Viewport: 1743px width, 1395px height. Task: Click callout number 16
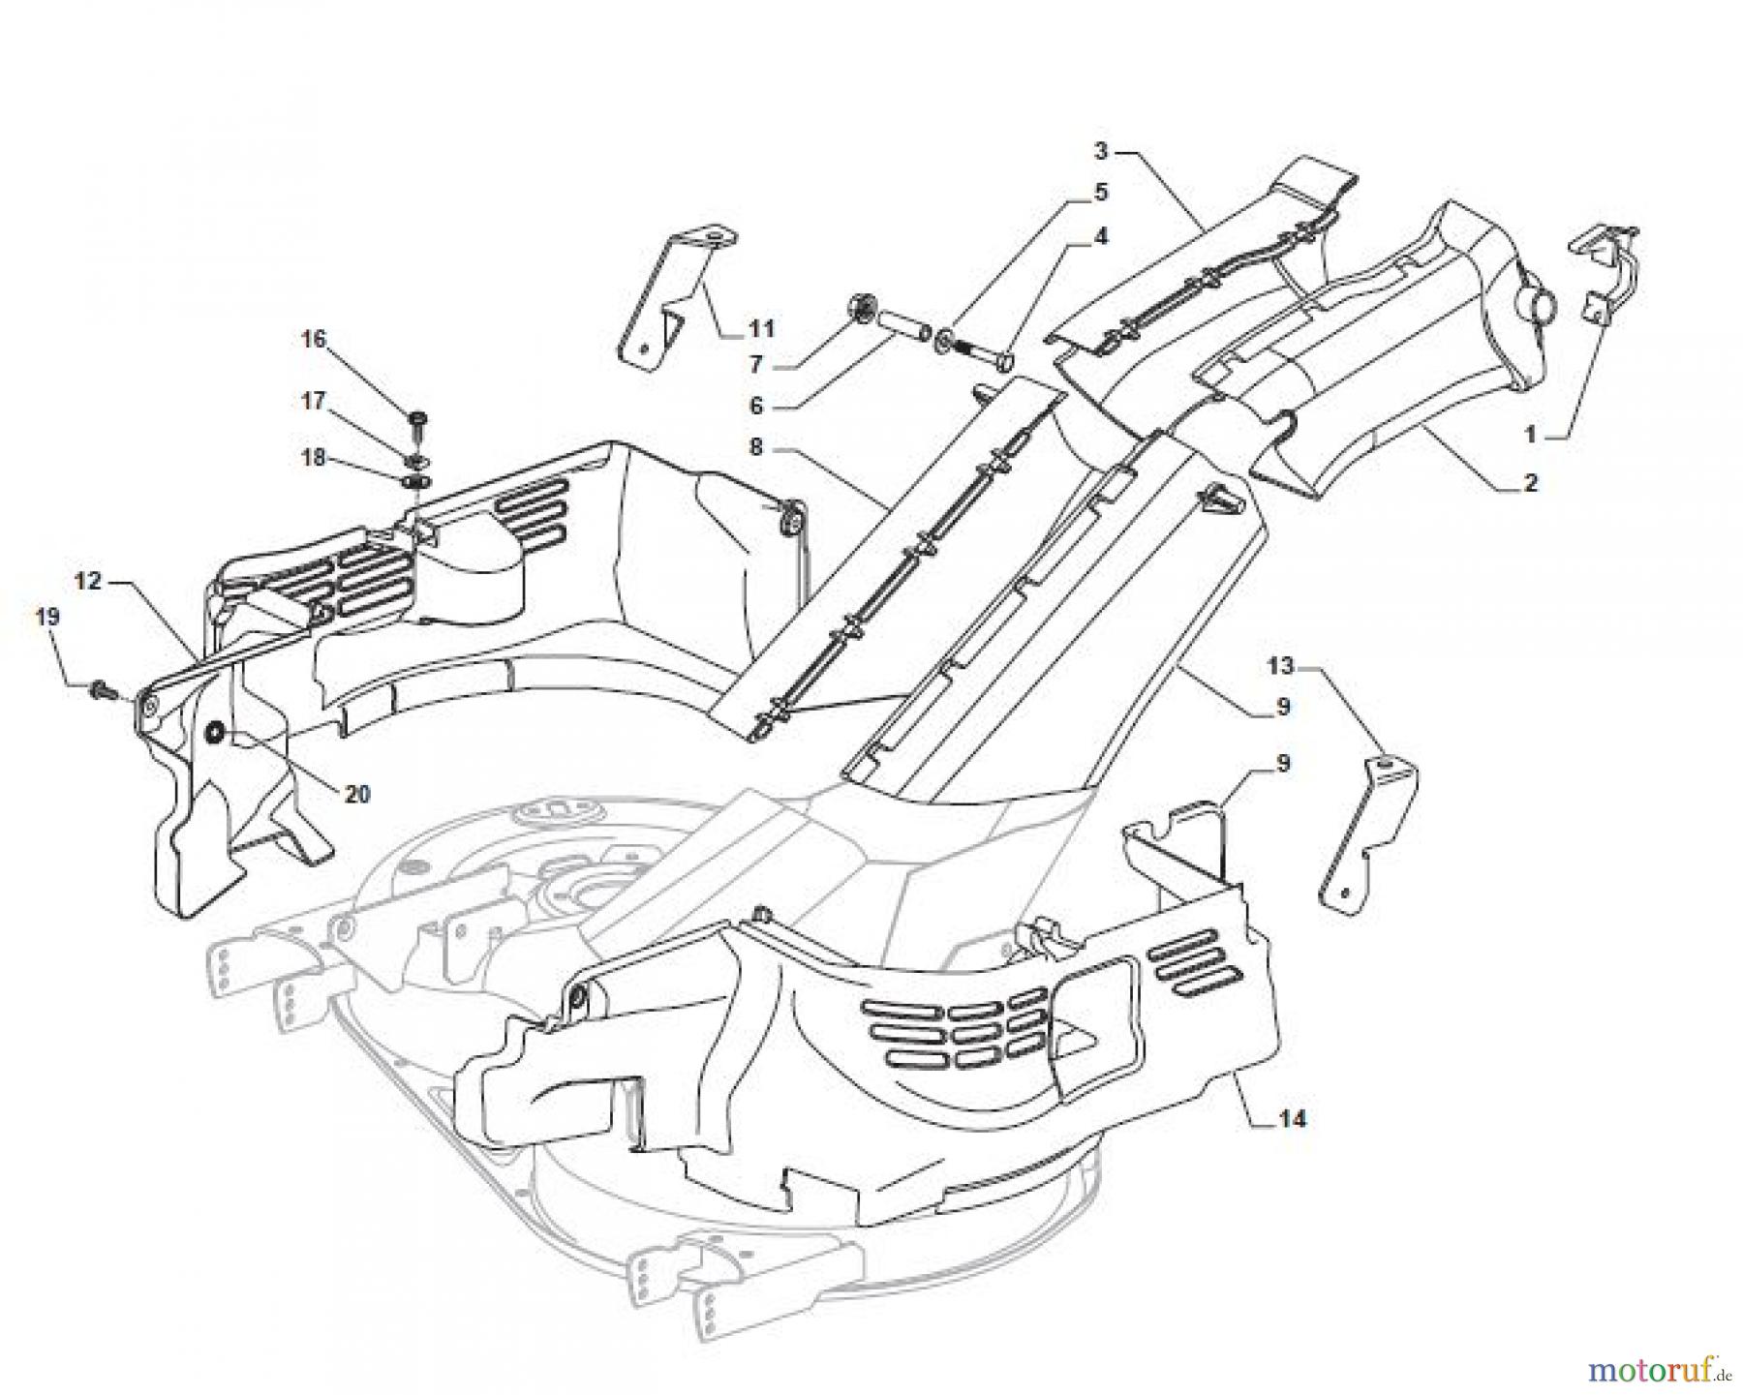[x=314, y=339]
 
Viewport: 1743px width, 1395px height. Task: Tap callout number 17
[x=314, y=400]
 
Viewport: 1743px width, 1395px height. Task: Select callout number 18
[x=314, y=457]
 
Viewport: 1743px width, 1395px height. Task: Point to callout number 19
[x=47, y=617]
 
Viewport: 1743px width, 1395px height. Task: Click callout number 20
[x=357, y=794]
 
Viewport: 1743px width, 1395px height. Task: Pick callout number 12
[x=88, y=581]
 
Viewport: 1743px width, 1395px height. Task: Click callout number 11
[x=762, y=329]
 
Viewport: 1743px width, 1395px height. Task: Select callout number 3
[x=1101, y=151]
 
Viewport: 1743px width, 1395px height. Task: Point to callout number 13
[x=1280, y=665]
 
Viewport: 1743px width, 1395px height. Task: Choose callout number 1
[x=1531, y=436]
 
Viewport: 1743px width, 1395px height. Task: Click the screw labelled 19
[x=102, y=689]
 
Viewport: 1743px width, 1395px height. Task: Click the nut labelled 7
[x=858, y=306]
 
